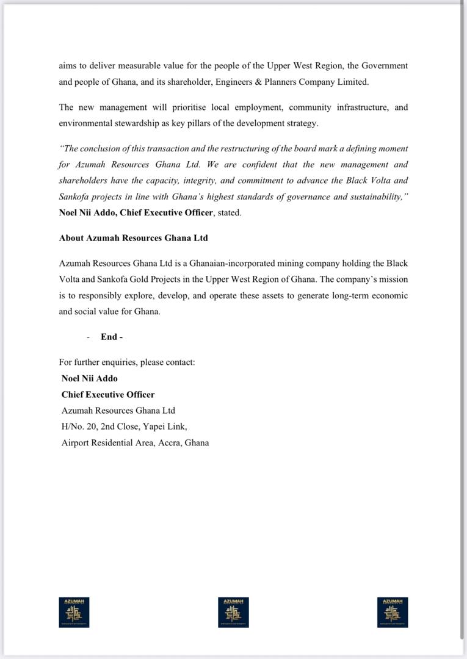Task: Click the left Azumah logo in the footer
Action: (x=74, y=612)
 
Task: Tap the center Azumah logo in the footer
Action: (x=233, y=612)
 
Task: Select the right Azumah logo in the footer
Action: (x=393, y=612)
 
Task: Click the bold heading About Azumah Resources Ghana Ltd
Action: (x=133, y=238)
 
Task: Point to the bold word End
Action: (x=109, y=337)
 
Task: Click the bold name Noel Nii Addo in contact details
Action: (x=90, y=378)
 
